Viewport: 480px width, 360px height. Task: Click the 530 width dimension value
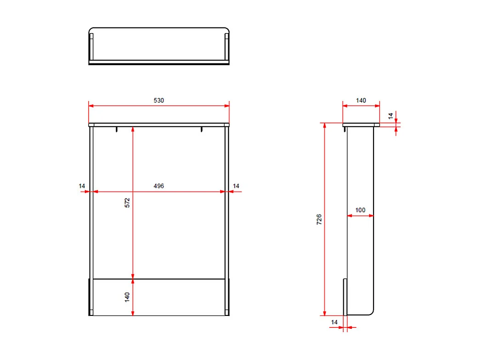click(x=159, y=100)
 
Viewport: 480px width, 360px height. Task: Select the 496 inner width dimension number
click(x=159, y=186)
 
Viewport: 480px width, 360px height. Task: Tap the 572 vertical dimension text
click(x=128, y=202)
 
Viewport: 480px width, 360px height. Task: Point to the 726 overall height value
click(x=319, y=219)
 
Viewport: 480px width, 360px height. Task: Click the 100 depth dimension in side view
click(x=360, y=210)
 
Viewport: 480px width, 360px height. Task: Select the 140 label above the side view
click(x=361, y=101)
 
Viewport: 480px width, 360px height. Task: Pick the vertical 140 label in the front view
click(x=128, y=297)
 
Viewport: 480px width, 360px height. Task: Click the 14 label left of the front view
click(x=82, y=186)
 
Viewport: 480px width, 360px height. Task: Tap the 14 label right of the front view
click(x=236, y=186)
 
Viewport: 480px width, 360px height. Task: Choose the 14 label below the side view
click(x=334, y=322)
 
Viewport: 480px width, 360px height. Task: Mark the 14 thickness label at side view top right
click(x=391, y=116)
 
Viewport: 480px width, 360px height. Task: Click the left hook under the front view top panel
click(x=117, y=129)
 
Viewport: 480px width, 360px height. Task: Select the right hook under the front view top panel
click(x=201, y=129)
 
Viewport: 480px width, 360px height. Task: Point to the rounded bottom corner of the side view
click(x=370, y=311)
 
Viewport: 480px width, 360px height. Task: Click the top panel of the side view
click(x=361, y=124)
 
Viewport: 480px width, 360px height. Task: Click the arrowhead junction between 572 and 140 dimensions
click(x=133, y=278)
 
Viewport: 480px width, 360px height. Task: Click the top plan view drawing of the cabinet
click(x=159, y=45)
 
